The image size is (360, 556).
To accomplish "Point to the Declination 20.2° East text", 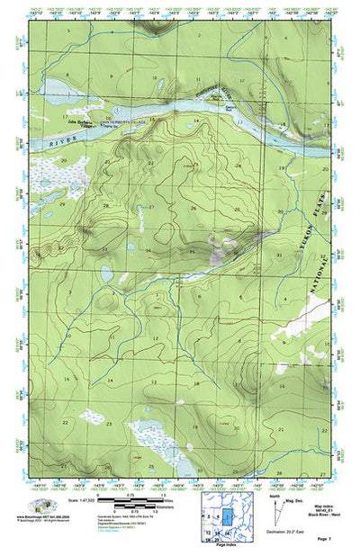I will (x=287, y=532).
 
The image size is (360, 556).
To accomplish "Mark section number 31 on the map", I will (x=280, y=255).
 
